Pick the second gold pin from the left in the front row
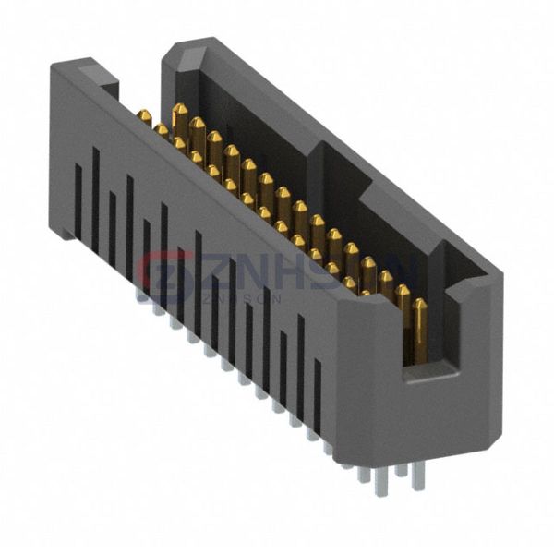pyautogui.click(x=163, y=131)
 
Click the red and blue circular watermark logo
pyautogui.click(x=164, y=274)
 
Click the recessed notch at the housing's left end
pyautogui.click(x=109, y=90)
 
